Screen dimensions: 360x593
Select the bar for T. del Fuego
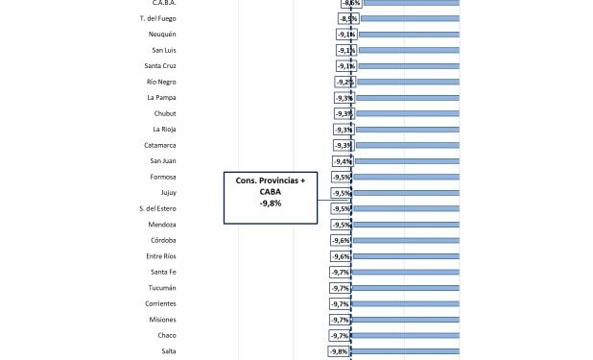coord(410,18)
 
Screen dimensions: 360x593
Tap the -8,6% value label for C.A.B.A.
coord(351,3)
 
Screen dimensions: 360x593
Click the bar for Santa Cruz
coord(407,65)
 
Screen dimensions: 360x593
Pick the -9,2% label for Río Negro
coord(344,82)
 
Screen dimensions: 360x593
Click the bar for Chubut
coord(406,113)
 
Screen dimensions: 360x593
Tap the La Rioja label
coord(163,129)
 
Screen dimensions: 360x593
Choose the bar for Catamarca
coord(406,145)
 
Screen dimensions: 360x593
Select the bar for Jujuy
coord(406,192)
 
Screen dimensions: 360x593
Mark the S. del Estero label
coord(156,208)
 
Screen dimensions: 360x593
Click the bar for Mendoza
coord(406,224)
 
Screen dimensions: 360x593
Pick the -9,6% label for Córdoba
coord(342,240)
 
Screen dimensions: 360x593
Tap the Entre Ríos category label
coord(160,256)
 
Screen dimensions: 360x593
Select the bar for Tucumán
coord(405,287)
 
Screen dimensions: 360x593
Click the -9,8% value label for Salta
coord(339,351)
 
